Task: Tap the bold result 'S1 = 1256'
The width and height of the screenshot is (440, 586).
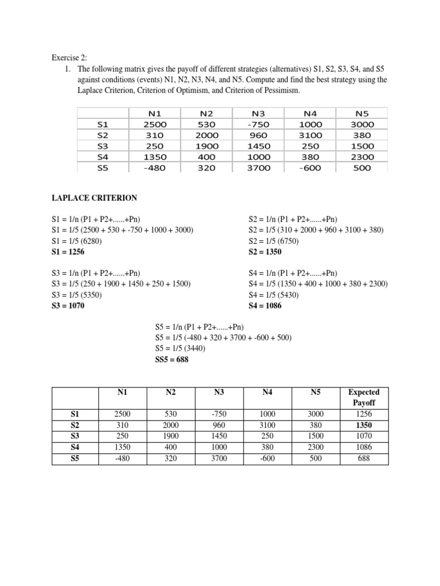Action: tap(67, 252)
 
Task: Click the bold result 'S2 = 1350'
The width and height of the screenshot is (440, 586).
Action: tap(265, 252)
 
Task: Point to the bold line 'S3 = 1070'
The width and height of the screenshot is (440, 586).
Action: tap(67, 306)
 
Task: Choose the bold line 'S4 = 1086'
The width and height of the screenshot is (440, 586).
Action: tap(265, 306)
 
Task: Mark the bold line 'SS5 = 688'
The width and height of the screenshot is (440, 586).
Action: tap(171, 359)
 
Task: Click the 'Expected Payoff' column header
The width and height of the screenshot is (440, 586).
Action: tap(363, 397)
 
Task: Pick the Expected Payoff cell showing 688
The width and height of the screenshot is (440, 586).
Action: tap(363, 458)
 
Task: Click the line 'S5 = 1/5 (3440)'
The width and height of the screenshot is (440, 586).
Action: tap(180, 349)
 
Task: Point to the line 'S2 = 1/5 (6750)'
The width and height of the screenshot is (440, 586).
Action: tap(274, 241)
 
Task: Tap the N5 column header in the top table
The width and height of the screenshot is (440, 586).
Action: tap(363, 113)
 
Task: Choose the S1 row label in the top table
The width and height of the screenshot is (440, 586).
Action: tap(103, 124)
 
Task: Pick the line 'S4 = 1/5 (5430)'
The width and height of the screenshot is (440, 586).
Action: tap(274, 295)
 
